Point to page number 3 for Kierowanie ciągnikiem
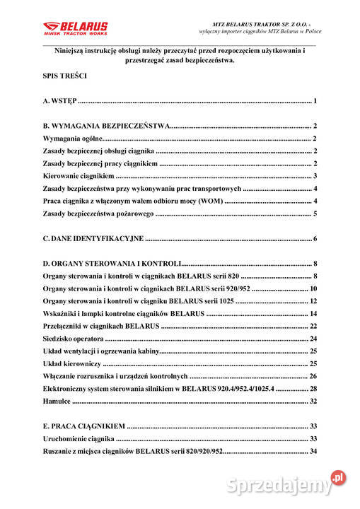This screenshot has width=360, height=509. pyautogui.click(x=315, y=176)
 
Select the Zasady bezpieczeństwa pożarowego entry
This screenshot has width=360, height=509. pyautogui.click(x=98, y=214)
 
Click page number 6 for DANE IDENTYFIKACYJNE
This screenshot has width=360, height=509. pyautogui.click(x=315, y=238)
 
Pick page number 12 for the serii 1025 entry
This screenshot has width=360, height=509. pyautogui.click(x=313, y=301)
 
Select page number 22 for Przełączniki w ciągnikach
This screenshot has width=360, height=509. pyautogui.click(x=313, y=326)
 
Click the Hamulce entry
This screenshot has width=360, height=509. pyautogui.click(x=57, y=401)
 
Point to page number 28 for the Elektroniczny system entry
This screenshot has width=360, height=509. pyautogui.click(x=313, y=389)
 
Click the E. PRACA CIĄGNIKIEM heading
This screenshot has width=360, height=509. pyautogui.click(x=84, y=426)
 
